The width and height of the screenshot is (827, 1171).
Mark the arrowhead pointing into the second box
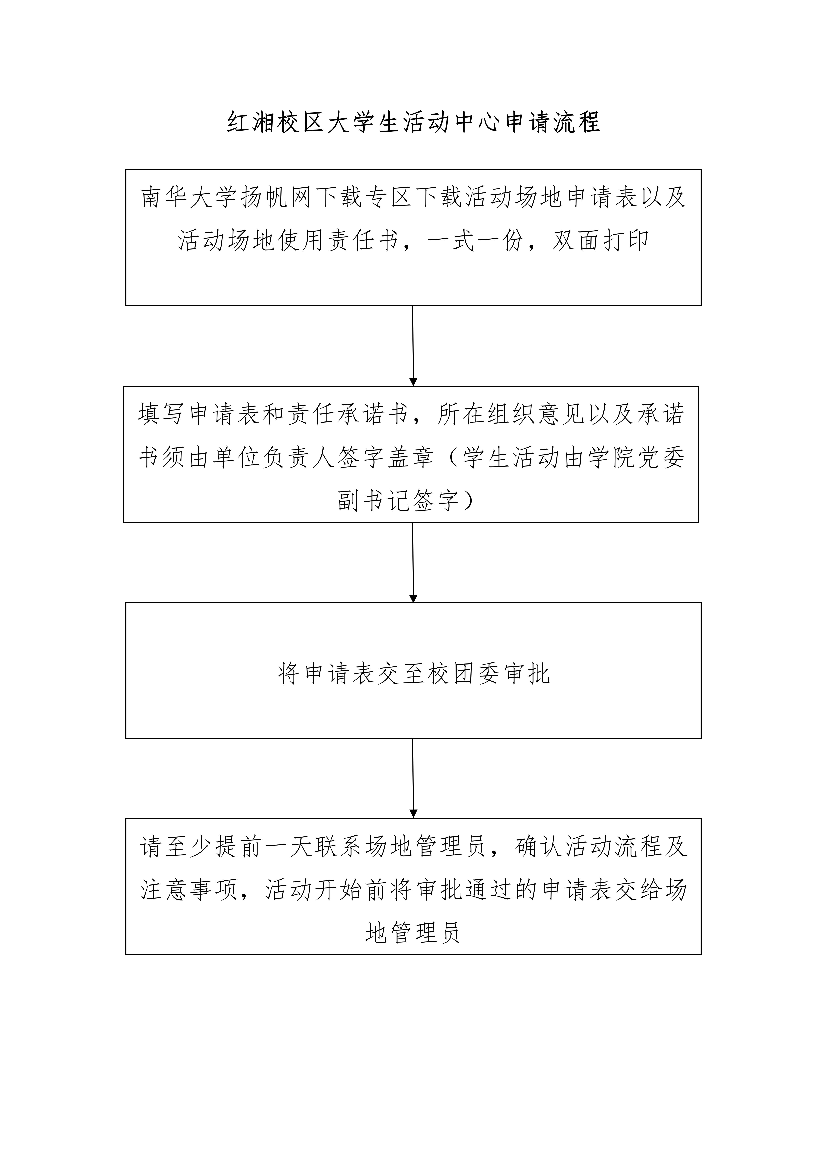tap(413, 382)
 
